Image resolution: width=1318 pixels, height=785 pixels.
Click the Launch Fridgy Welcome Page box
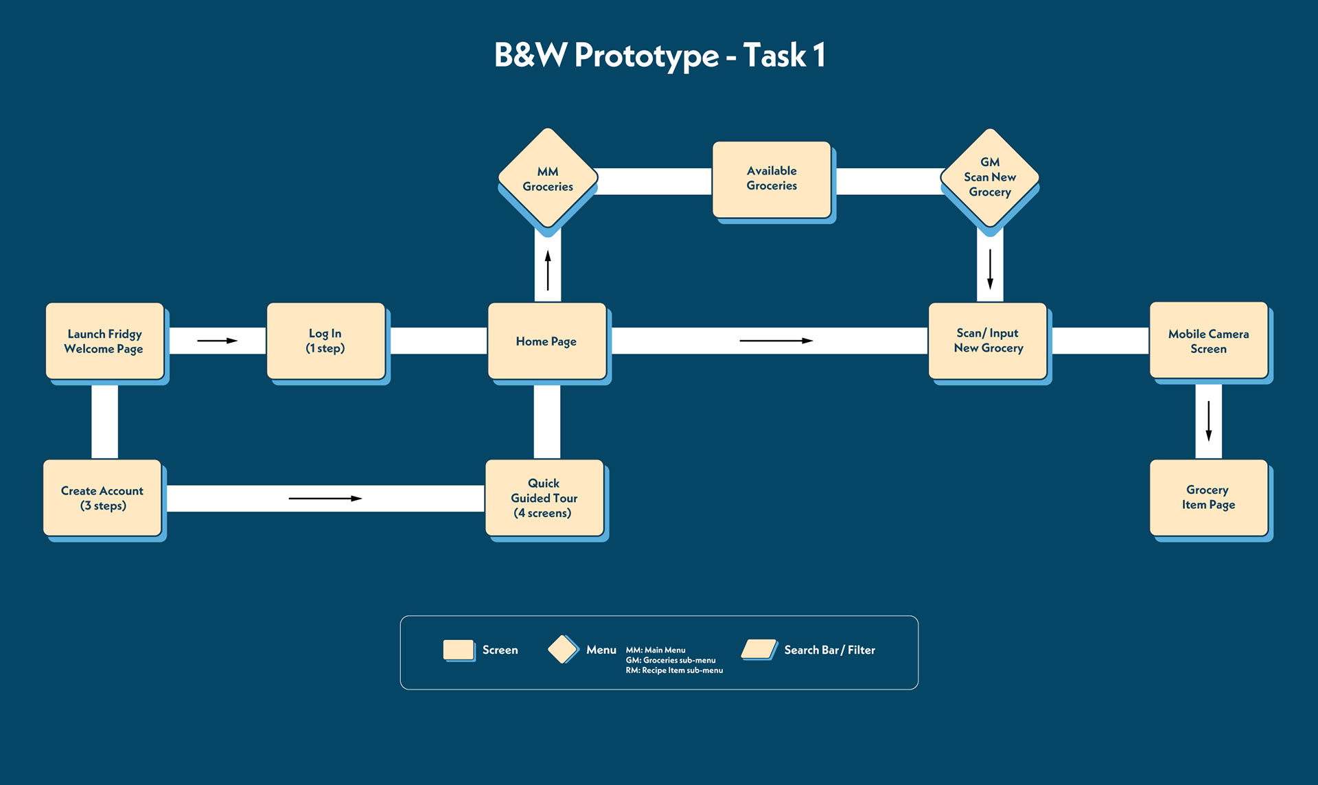[x=105, y=341]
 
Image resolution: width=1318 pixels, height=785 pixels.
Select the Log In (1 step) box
[x=326, y=341]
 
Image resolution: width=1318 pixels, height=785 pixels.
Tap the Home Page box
[x=547, y=341]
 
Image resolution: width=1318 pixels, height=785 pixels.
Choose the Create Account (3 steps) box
[x=102, y=498]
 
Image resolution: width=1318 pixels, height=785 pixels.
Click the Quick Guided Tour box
[x=544, y=498]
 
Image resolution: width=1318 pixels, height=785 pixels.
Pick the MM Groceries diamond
[x=548, y=178]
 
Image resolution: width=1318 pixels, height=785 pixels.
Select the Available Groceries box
[x=772, y=180]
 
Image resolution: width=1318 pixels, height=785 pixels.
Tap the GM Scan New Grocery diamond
[x=990, y=178]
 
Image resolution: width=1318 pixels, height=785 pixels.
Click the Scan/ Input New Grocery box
[x=988, y=341]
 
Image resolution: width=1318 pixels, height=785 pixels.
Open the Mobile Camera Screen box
[x=1209, y=341]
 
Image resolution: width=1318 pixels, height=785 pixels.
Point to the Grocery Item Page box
[x=1209, y=498]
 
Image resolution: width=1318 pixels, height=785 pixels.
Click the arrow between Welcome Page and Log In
[x=218, y=341]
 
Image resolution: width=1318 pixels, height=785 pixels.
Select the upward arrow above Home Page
[x=548, y=270]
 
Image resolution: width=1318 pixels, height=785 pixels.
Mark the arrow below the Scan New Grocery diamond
[x=990, y=269]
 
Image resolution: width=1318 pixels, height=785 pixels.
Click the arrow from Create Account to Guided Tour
[x=325, y=499]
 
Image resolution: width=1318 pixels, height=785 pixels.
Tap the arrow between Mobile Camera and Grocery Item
[x=1209, y=421]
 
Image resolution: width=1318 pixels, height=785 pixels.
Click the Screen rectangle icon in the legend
[x=459, y=650]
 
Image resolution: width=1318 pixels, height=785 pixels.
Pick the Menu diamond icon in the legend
[x=563, y=649]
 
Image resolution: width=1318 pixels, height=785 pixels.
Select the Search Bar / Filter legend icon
[x=759, y=649]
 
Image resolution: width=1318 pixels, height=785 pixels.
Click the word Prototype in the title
[x=647, y=56]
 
